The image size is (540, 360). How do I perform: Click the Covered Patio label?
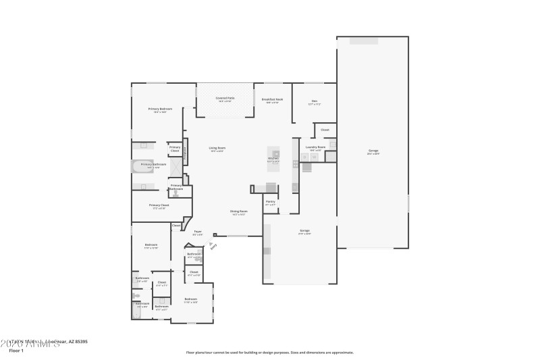[225, 99]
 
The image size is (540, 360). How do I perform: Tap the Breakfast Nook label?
[272, 100]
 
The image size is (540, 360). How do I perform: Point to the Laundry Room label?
[316, 147]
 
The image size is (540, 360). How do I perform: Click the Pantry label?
[270, 202]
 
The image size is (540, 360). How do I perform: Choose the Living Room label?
[217, 149]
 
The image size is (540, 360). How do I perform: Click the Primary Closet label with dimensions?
[159, 206]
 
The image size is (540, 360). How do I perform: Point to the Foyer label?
[198, 232]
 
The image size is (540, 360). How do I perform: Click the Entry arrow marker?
[213, 246]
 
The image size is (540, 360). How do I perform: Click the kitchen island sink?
[276, 154]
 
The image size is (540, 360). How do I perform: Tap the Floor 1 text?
[16, 351]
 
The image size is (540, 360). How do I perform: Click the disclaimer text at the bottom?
[269, 352]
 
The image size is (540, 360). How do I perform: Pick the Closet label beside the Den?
[325, 130]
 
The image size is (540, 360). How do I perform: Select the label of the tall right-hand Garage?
[373, 151]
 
